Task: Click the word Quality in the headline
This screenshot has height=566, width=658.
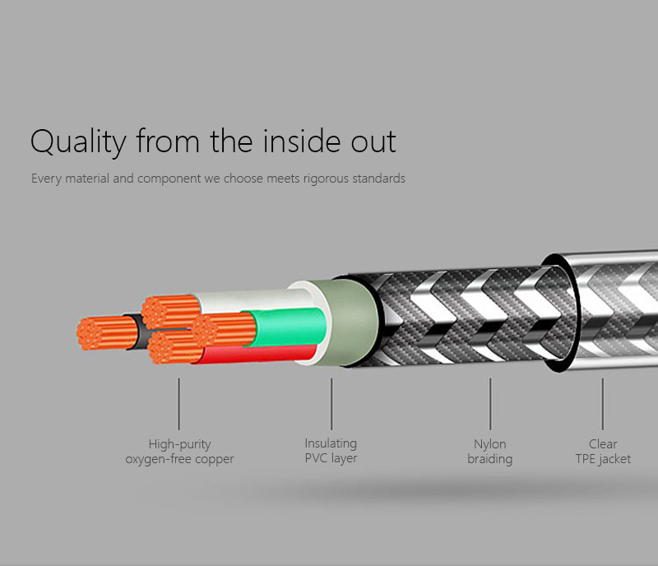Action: point(78,142)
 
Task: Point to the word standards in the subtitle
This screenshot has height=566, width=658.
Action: point(378,179)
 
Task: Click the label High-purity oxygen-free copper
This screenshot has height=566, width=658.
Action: point(179,452)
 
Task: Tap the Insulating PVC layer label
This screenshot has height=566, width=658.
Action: point(331,451)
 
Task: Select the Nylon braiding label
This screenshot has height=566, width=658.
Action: point(489,452)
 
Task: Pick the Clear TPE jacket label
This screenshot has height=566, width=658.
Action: point(603,452)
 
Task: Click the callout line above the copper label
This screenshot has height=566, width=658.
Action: point(178,404)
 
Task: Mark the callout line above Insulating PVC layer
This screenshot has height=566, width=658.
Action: point(331,404)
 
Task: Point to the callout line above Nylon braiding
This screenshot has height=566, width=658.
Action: point(489,404)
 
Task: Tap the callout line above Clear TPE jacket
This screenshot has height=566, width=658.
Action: point(603,404)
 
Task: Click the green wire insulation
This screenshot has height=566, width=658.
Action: point(290,327)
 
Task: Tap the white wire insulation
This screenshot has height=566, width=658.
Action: point(252,300)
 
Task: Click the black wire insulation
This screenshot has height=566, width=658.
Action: point(140,332)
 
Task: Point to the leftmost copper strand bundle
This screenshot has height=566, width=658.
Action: point(107,333)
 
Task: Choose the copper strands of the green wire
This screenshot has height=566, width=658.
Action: point(225,330)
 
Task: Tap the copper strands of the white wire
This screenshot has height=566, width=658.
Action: point(171,312)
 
